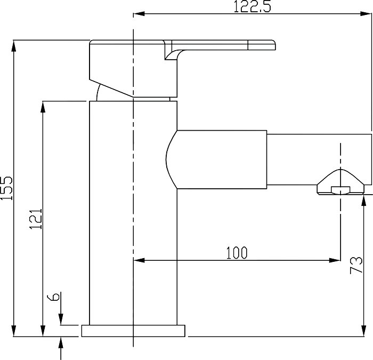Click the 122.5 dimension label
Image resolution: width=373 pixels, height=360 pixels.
pos(253,6)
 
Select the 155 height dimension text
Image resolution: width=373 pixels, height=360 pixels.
pos(6,188)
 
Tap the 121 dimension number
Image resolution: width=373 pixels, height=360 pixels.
pos(36,219)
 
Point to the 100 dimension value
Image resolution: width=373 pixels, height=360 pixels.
pos(237,253)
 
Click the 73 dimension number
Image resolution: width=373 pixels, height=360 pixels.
pos(356,265)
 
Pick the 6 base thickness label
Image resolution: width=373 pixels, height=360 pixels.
pos(53,297)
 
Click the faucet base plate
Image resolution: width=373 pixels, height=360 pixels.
pos(133,331)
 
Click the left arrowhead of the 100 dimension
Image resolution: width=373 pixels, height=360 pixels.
pos(139,260)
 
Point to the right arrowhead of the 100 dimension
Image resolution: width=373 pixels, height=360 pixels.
pos(335,260)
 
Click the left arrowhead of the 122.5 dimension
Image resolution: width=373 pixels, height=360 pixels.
pos(139,13)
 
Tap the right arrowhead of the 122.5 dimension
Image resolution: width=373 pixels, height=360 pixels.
pos(366,13)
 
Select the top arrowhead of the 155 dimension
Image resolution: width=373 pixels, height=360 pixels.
pos(14,46)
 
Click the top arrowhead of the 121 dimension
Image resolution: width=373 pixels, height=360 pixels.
pos(43,107)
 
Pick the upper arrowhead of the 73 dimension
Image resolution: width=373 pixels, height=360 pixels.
pos(364,201)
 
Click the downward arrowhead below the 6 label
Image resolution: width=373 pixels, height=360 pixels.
pos(61,319)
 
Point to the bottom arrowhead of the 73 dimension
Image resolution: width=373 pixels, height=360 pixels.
pos(364,331)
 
